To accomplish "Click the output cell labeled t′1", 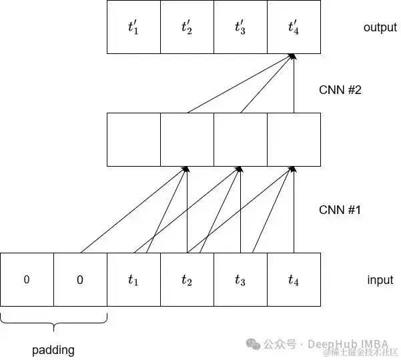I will [133, 27].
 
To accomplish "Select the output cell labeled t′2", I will [187, 27].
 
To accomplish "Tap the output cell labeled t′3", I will [240, 27].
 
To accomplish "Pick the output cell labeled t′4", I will [294, 27].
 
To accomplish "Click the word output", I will [380, 27].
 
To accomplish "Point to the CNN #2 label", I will [340, 89].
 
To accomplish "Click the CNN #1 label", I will [340, 210].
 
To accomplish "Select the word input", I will [380, 280].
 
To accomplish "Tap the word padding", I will [53, 349].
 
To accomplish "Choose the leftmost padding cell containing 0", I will [27, 280].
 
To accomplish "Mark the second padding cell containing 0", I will [80, 280].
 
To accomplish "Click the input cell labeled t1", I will [133, 280].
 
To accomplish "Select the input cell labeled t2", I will [187, 280].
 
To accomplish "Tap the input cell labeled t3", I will [240, 280].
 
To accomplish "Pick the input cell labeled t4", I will [294, 280].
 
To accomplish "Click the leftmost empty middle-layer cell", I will [133, 139].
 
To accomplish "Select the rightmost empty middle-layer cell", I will [294, 139].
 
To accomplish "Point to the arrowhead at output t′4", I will [293, 58].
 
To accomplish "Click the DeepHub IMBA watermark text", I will [348, 344].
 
